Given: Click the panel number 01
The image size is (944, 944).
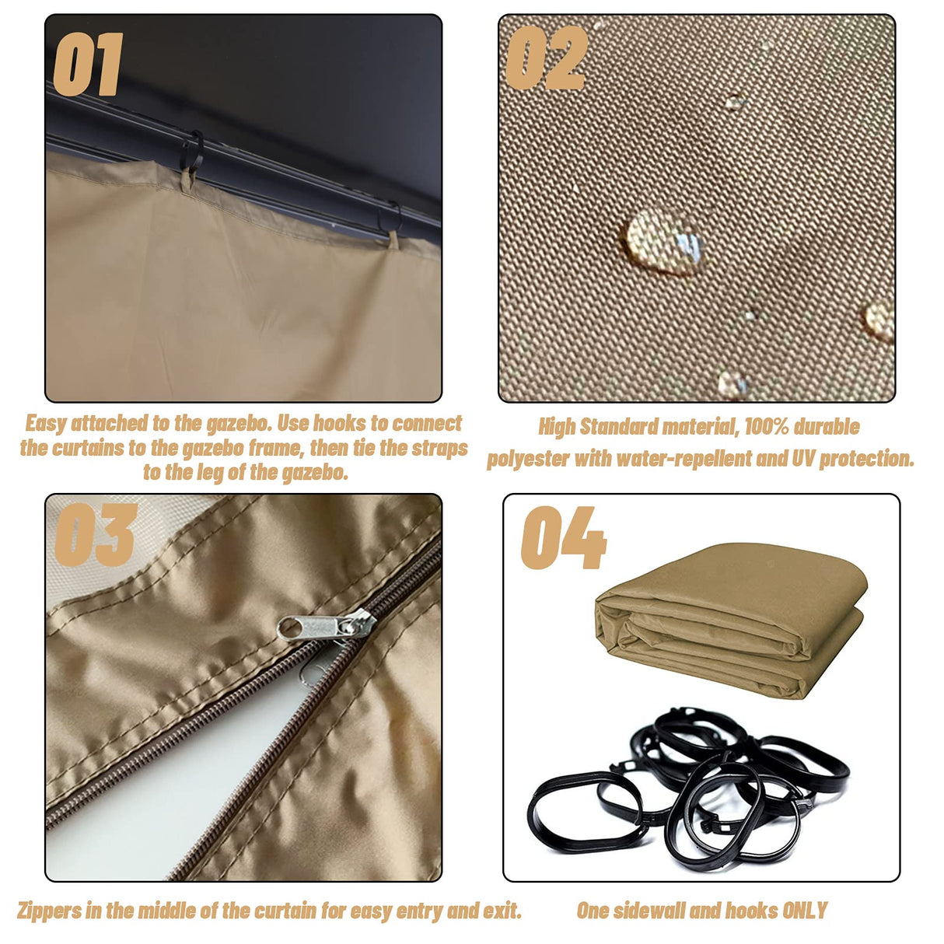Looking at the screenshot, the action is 88,65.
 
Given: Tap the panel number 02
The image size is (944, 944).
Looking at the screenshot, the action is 547,58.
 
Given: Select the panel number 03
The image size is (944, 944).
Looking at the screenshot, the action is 96,535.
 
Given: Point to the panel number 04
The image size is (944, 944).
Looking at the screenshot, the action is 563,537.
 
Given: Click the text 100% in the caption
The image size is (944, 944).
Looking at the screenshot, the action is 767,427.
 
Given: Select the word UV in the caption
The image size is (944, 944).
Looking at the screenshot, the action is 803,459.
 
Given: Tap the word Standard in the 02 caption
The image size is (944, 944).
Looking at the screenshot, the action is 619,427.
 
